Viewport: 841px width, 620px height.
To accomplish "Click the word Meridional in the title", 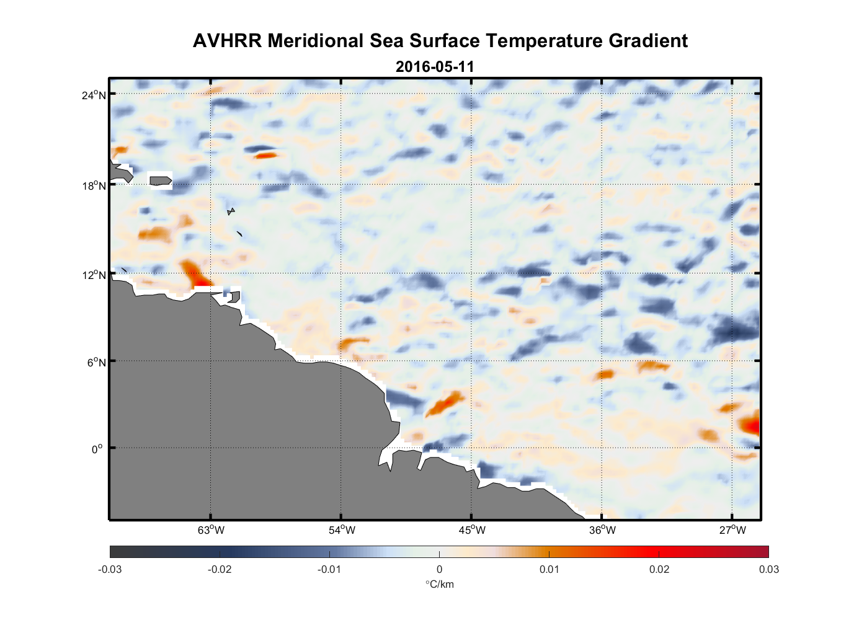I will pyautogui.click(x=316, y=41).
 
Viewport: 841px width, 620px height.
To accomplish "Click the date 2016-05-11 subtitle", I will pyautogui.click(x=435, y=67).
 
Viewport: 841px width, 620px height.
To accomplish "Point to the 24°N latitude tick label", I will pyautogui.click(x=94, y=95).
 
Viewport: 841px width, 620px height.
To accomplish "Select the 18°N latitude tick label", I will pyautogui.click(x=94, y=185).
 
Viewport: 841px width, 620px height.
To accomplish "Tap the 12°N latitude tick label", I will pyautogui.click(x=94, y=275).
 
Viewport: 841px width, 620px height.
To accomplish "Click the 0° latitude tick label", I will pyautogui.click(x=97, y=449).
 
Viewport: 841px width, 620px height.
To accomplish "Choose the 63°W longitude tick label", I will pyautogui.click(x=211, y=530).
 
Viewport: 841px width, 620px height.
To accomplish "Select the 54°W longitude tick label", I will pyautogui.click(x=342, y=530).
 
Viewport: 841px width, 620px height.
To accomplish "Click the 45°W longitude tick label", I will pyautogui.click(x=472, y=530).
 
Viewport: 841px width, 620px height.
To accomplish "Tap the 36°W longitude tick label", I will pyautogui.click(x=602, y=530).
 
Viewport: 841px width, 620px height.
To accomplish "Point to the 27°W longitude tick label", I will pyautogui.click(x=732, y=530).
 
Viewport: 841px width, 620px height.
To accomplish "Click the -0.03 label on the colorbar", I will pyautogui.click(x=110, y=569).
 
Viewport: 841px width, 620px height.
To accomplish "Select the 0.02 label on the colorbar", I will pyautogui.click(x=659, y=569).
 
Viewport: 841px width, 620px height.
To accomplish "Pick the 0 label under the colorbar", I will pyautogui.click(x=439, y=569).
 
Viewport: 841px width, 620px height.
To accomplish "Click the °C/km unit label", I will pyautogui.click(x=439, y=584).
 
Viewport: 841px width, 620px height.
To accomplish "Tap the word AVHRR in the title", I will pyautogui.click(x=227, y=41).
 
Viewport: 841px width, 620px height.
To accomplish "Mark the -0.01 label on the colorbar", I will pyautogui.click(x=329, y=569).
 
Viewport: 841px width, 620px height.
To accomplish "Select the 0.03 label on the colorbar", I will pyautogui.click(x=768, y=569).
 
